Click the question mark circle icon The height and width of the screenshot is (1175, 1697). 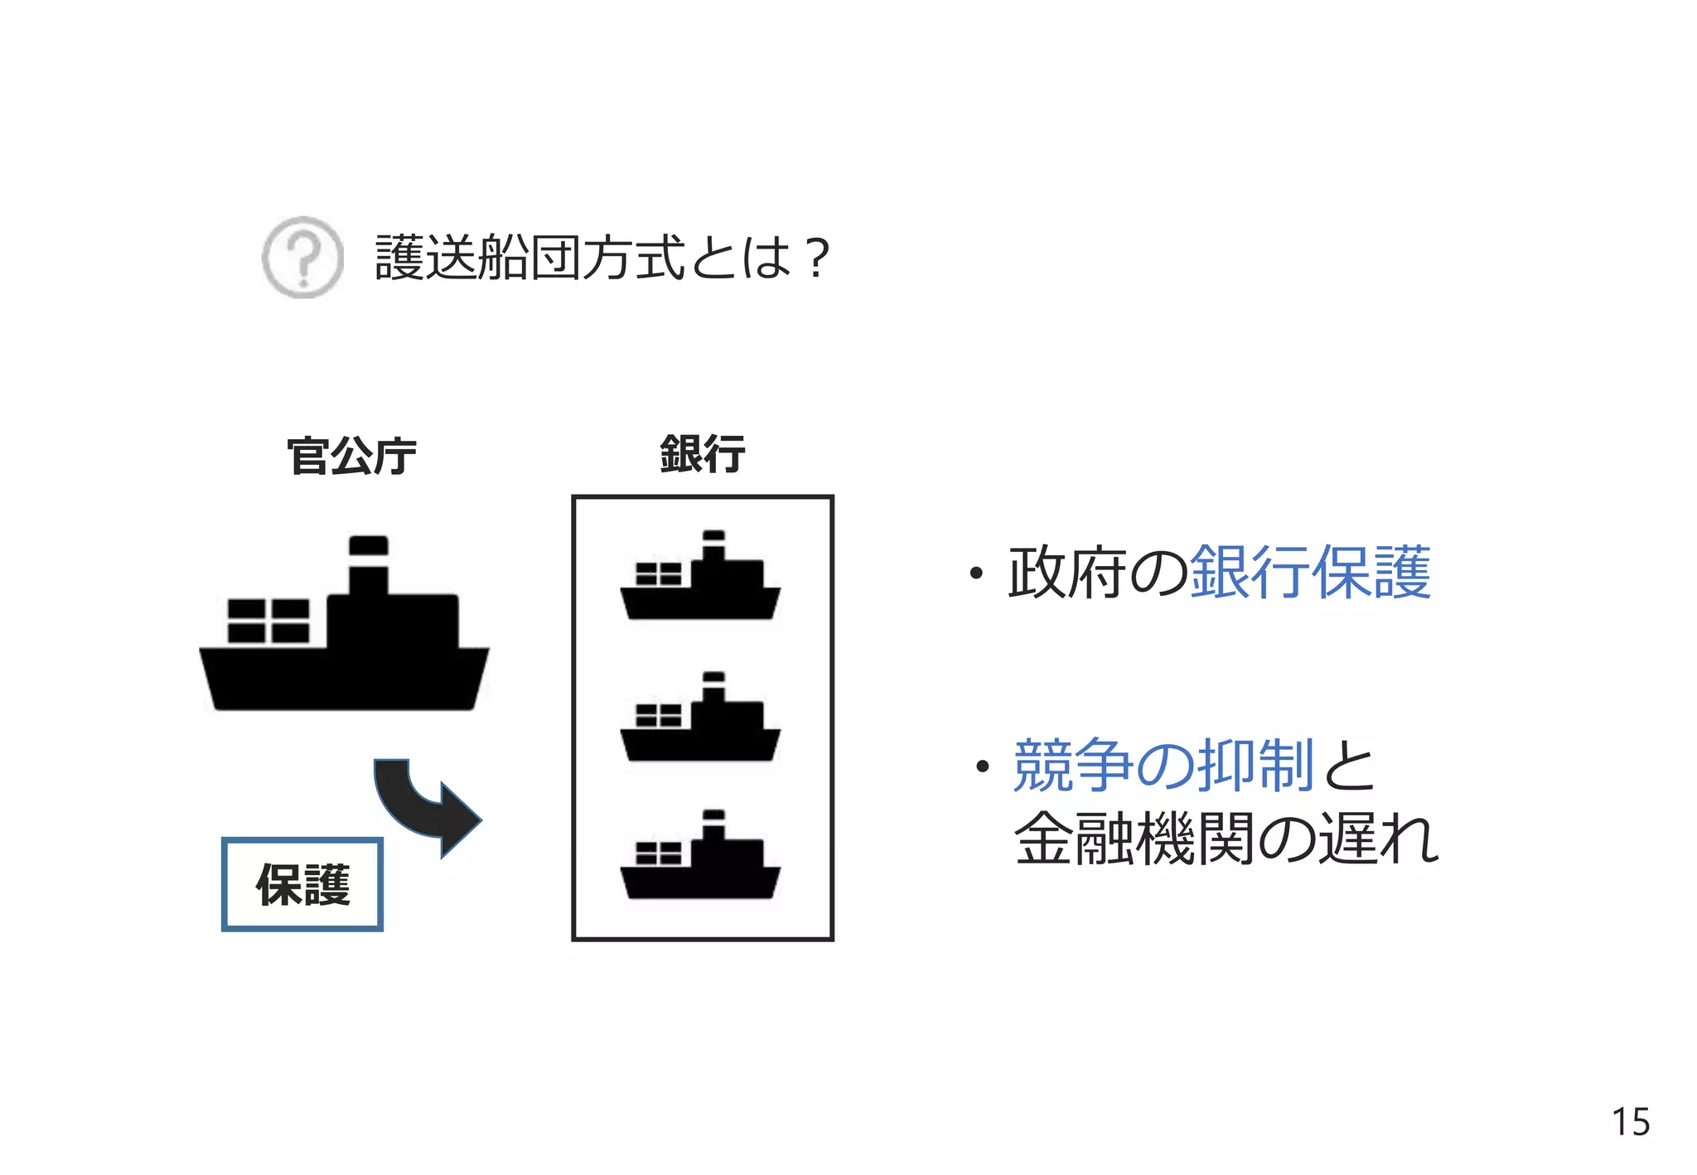(302, 257)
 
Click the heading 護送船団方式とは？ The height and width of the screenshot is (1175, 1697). (602, 258)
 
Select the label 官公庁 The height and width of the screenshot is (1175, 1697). (351, 456)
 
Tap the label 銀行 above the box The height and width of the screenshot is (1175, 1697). (703, 454)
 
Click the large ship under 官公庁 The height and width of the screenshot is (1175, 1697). (344, 655)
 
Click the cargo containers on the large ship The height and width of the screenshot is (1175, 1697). (268, 621)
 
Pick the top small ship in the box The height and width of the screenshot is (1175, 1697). (700, 580)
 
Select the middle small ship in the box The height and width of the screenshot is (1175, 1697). (700, 721)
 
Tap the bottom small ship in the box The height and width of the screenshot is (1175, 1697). (700, 858)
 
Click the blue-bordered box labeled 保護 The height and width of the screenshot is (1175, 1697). (302, 884)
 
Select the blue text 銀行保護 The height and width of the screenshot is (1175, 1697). (1310, 573)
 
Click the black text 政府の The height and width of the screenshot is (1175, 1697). (1098, 573)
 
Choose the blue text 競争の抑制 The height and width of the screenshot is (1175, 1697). (1163, 765)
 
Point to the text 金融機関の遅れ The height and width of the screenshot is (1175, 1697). (1226, 839)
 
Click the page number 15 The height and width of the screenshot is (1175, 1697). (1630, 1122)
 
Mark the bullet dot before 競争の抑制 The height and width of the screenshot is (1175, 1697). (983, 766)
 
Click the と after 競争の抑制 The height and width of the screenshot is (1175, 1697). (1349, 765)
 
